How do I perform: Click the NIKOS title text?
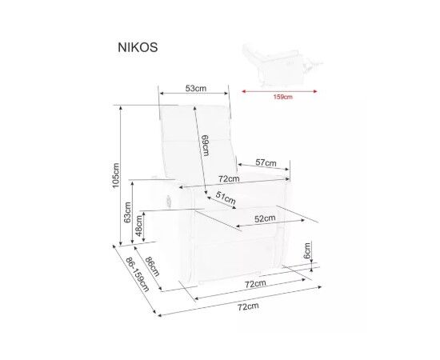coord(138,47)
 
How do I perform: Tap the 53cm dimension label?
coord(195,88)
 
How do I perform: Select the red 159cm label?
coord(283,97)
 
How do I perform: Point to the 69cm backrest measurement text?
coord(205,146)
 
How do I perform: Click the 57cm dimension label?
coord(266,162)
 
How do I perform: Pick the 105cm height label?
coord(115,175)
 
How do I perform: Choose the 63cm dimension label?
coord(127,212)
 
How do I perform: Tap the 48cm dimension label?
coord(138,226)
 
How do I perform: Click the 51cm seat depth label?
coord(226,198)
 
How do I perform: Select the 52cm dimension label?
coord(265,218)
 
